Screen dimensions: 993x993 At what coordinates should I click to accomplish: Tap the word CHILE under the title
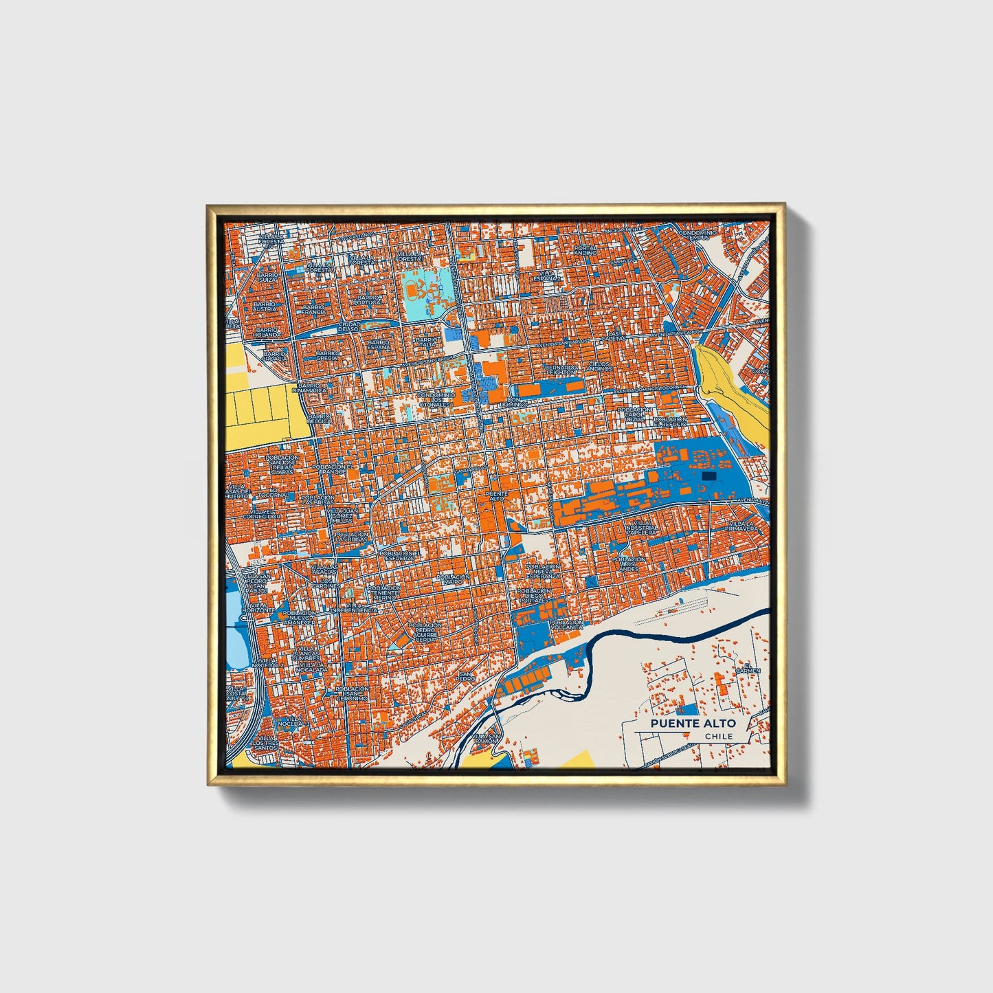pos(719,736)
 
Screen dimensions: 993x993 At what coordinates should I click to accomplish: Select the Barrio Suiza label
pos(267,278)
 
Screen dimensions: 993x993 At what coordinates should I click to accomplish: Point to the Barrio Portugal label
pos(368,300)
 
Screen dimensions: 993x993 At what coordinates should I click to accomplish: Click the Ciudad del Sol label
pos(349,326)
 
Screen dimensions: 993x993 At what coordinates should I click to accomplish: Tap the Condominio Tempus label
pos(698,235)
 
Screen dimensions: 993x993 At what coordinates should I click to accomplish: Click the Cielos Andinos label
pos(599,366)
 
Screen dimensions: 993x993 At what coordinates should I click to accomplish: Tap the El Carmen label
pos(748,667)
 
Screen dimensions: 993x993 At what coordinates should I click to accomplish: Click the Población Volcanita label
pos(566,624)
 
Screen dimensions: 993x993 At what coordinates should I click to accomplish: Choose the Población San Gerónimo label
pos(352,693)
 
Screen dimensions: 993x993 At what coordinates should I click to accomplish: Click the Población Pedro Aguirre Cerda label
pos(427,632)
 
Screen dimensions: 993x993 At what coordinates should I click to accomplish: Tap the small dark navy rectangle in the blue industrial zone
pos(709,476)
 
